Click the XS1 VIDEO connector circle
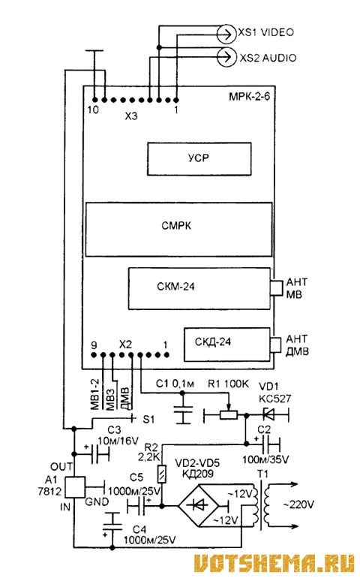click(226, 35)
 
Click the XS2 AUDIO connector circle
click(226, 57)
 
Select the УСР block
click(199, 159)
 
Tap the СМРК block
click(179, 229)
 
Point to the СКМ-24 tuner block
click(199, 288)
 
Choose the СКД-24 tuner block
click(227, 345)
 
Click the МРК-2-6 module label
click(250, 97)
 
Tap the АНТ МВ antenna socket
click(276, 288)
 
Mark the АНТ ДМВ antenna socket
click(276, 345)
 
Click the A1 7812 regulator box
click(75, 487)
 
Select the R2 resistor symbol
click(162, 474)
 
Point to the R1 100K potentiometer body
click(229, 415)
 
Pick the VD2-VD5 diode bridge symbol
click(200, 505)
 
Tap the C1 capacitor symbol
click(182, 409)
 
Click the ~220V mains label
click(298, 504)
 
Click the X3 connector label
click(130, 116)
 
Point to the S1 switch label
click(148, 419)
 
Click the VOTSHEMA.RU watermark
click(274, 563)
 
